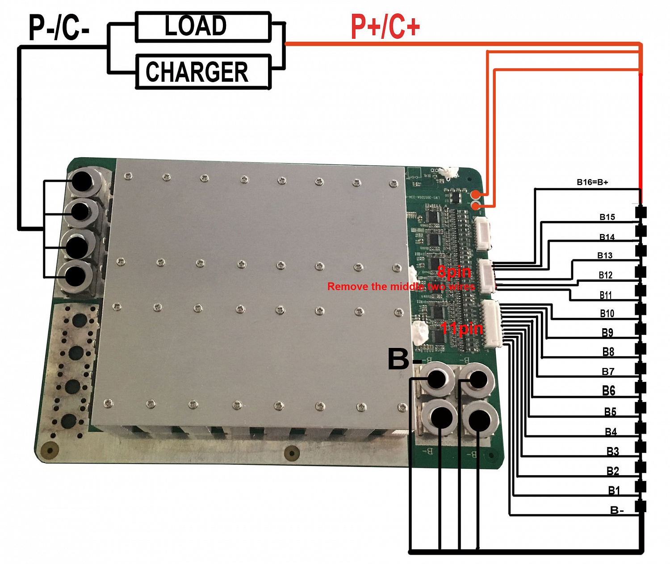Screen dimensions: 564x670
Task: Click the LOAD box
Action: (x=203, y=27)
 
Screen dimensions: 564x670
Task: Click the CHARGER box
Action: (x=203, y=72)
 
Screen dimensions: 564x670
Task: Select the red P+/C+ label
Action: (x=385, y=27)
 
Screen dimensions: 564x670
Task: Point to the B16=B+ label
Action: (x=592, y=182)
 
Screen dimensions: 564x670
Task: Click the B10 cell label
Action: (x=607, y=313)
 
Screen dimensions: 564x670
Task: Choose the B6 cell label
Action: (x=608, y=391)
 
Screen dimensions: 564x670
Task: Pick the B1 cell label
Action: (x=614, y=491)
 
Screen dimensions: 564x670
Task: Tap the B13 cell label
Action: (x=605, y=255)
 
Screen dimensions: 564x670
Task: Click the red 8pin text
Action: (x=454, y=272)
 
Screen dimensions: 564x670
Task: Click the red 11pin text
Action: (x=461, y=329)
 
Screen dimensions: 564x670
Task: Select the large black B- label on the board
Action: (x=404, y=359)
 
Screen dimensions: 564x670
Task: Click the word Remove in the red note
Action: (x=343, y=287)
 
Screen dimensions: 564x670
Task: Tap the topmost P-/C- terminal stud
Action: (x=82, y=181)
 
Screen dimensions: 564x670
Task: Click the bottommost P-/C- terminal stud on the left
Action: (x=75, y=277)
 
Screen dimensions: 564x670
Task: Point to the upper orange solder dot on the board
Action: (x=477, y=194)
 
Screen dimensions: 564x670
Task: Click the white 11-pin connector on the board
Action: (x=491, y=324)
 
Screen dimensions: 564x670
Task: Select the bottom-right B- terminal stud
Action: (x=479, y=419)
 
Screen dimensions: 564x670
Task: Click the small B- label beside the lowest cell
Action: (x=616, y=510)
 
